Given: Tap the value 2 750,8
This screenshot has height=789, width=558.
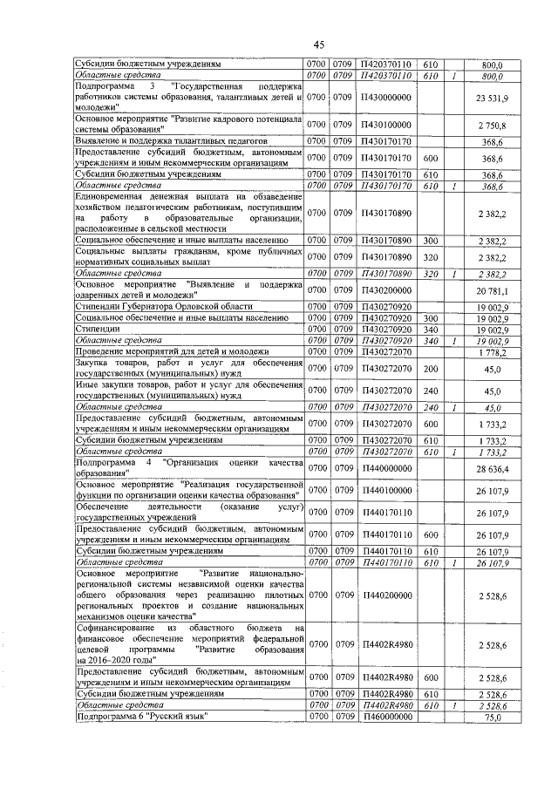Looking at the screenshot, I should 499,126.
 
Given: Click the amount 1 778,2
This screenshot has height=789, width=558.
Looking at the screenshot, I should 499,350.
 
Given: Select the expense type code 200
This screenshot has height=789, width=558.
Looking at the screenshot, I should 430,369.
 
